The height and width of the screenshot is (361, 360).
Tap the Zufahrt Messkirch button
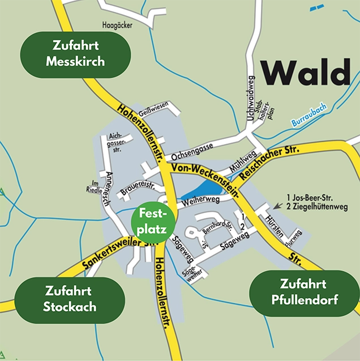(75, 54)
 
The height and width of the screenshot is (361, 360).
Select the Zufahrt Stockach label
(70, 299)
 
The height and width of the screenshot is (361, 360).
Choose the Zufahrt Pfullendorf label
(304, 292)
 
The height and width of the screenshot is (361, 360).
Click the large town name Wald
(306, 73)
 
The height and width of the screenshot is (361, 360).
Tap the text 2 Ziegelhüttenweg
(319, 207)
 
